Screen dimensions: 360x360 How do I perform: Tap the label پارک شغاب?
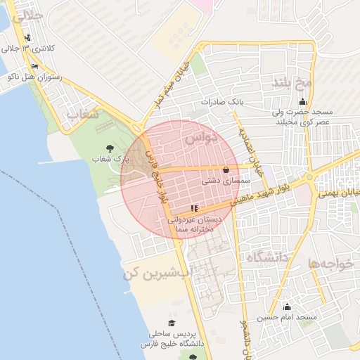coord(111,160)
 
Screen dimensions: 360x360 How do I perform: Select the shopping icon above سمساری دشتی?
coord(225,169)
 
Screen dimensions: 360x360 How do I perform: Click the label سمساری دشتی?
coord(223,181)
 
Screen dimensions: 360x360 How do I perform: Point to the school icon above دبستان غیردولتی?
coord(194,208)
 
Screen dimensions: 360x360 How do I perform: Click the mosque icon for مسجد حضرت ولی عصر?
coord(303,101)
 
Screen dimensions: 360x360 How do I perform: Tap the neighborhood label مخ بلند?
coord(292,84)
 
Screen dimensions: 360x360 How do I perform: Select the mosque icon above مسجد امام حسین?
coord(287,307)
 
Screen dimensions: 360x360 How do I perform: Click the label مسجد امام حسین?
coord(287,318)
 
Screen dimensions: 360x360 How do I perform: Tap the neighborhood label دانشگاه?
coord(268,257)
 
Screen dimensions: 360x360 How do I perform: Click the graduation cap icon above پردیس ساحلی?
coord(172,323)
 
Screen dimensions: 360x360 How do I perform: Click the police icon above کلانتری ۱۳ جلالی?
coord(27,37)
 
